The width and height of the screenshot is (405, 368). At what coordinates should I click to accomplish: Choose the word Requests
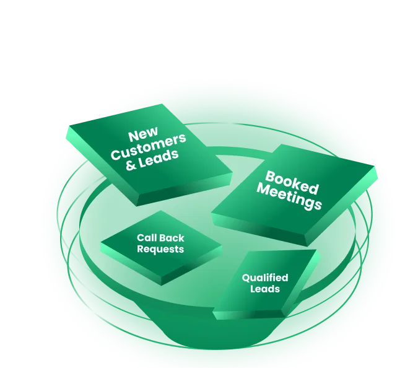pos(160,249)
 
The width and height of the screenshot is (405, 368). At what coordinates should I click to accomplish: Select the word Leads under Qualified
pos(265,289)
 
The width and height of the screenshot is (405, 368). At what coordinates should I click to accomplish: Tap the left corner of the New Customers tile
pos(66,126)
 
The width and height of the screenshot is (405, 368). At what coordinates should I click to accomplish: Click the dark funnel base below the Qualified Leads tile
pos(204,338)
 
